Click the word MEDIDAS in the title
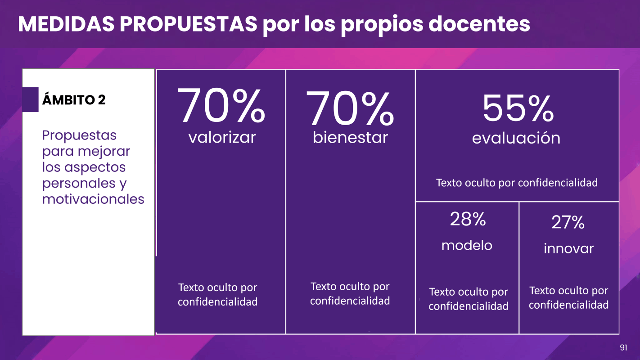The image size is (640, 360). [65, 24]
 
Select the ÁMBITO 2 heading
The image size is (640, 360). [74, 99]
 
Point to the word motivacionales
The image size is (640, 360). [93, 199]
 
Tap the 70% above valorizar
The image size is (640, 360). [221, 106]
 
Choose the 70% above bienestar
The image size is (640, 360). [350, 108]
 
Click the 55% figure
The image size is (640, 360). [518, 109]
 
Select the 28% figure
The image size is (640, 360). [468, 219]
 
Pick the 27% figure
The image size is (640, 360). [568, 222]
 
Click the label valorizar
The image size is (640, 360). [222, 137]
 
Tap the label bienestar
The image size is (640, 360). [350, 137]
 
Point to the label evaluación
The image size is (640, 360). [516, 138]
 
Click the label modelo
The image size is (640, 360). [467, 245]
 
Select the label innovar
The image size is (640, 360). [568, 248]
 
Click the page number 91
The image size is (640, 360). [623, 347]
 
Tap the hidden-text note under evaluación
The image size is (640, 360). [517, 183]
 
